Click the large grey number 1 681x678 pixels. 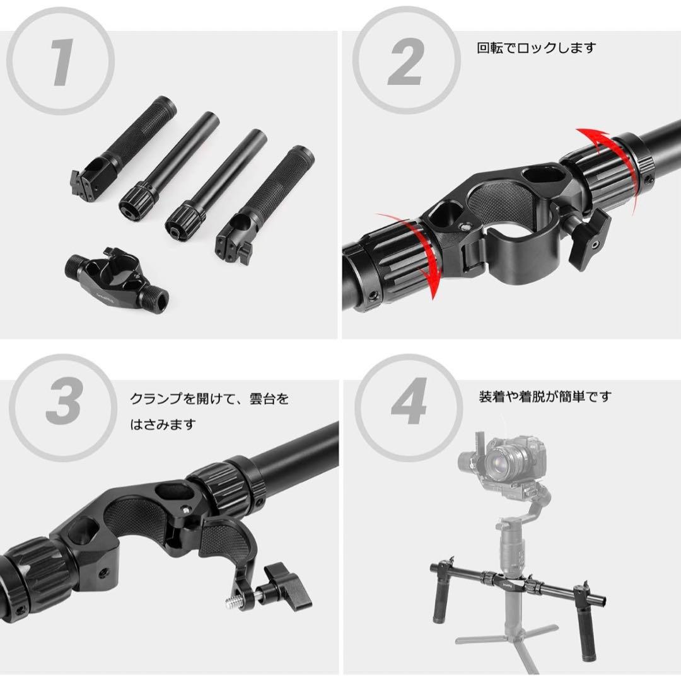pos(62,62)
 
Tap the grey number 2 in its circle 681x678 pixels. pos(405,60)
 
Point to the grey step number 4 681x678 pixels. pos(408,401)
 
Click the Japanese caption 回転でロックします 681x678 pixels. pos(537,48)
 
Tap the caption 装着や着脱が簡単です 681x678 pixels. pos(545,396)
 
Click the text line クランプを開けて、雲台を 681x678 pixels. pos(209,398)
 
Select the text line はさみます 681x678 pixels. pos(163,424)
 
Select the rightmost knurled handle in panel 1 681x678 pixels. pos(265,204)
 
